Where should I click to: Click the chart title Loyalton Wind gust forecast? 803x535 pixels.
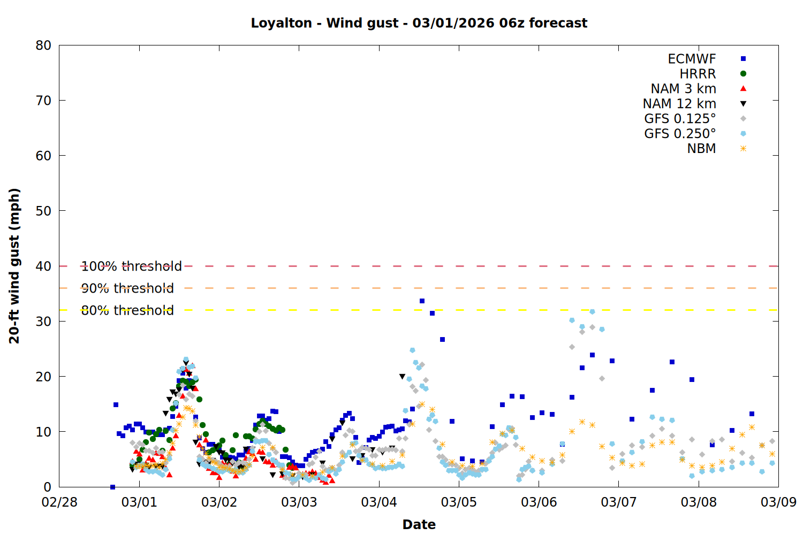419,23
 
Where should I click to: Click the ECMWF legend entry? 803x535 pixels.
692,59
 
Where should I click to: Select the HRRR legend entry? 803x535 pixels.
698,74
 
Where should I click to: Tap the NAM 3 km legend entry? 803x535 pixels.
683,89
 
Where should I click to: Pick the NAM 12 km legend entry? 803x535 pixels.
679,104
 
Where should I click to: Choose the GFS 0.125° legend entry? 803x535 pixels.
680,119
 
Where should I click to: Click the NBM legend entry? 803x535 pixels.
701,149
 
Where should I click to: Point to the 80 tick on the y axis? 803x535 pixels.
43,45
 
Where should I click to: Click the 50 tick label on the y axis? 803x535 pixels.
43,211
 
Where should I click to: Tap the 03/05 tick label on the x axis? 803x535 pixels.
459,502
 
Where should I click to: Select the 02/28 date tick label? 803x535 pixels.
59,502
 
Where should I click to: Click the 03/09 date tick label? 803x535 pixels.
778,502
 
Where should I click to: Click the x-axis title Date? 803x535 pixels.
419,524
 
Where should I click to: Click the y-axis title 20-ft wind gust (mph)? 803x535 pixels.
14,266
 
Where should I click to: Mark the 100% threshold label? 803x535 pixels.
131,266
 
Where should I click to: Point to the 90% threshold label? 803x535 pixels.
127,288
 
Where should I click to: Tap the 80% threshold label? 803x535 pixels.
127,310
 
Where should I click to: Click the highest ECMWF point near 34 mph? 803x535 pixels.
422,301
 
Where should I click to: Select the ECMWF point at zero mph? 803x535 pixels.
112,487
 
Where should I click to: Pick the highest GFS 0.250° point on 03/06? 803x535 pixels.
592,311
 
